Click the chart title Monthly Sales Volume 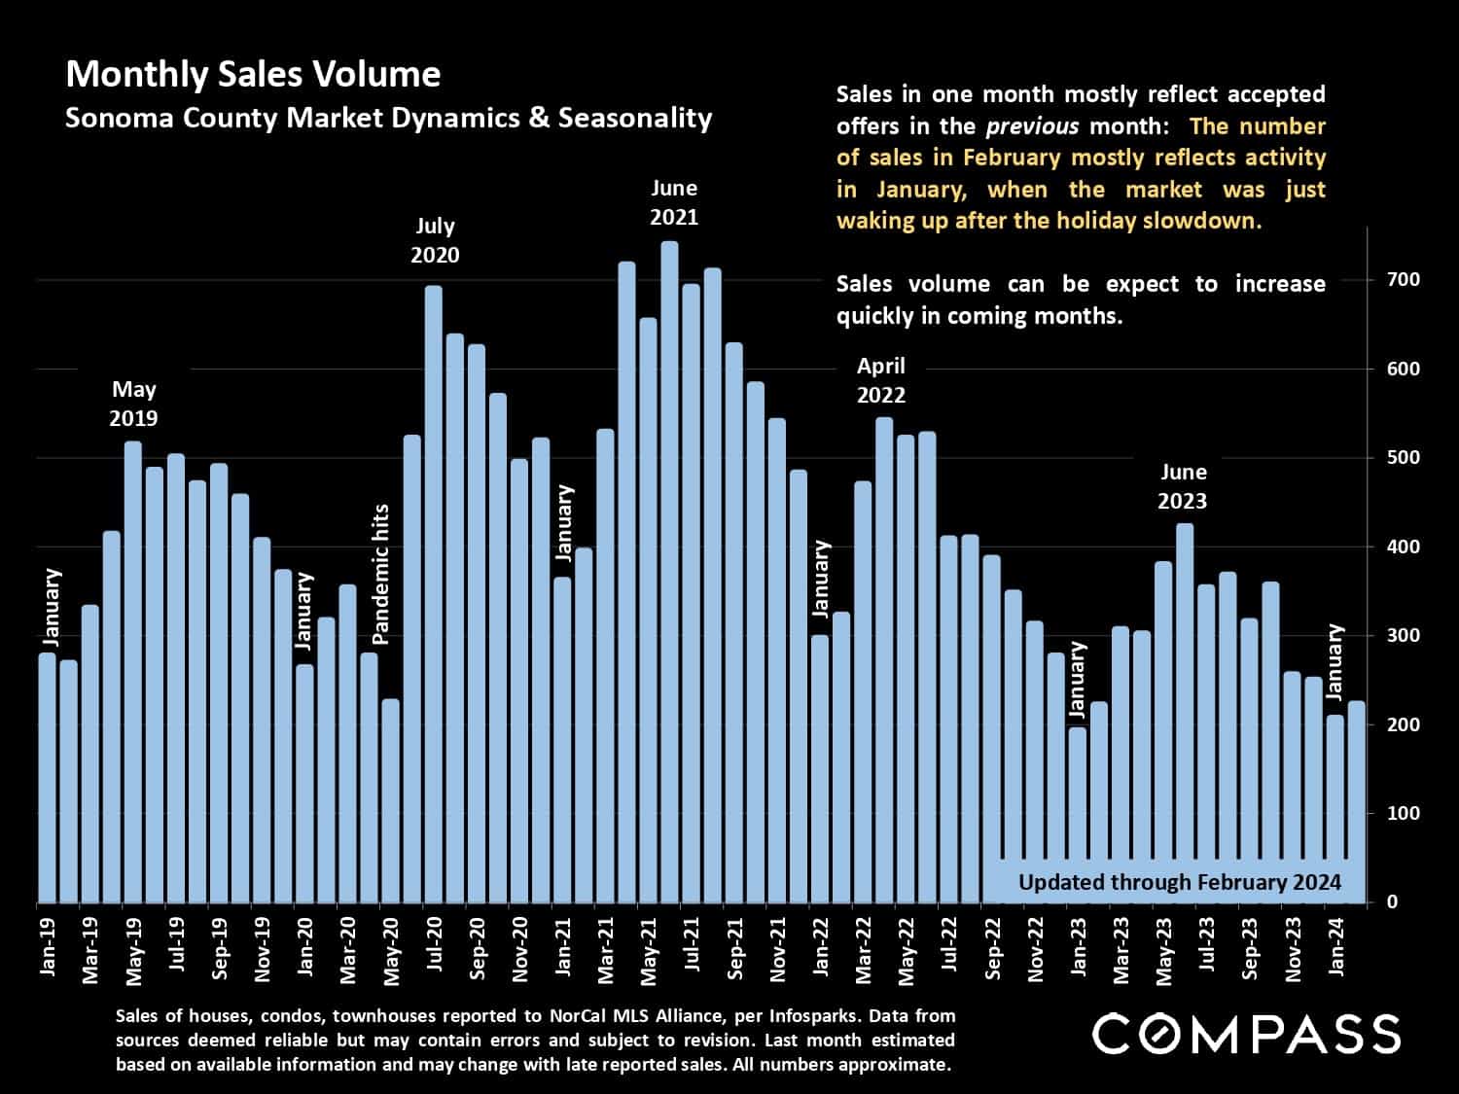[x=253, y=75]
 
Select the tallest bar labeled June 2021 [x=669, y=574]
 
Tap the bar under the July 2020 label [x=434, y=593]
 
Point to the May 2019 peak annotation [x=133, y=404]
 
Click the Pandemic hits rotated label [x=380, y=574]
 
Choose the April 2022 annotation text [x=880, y=380]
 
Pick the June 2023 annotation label [x=1183, y=486]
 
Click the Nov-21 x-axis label [x=777, y=949]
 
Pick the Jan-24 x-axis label [x=1336, y=946]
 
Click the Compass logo [x=1246, y=1034]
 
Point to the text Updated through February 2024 [x=1179, y=882]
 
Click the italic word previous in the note [x=1031, y=126]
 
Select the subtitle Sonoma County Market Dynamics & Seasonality [x=388, y=119]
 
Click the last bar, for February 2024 [x=1357, y=802]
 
